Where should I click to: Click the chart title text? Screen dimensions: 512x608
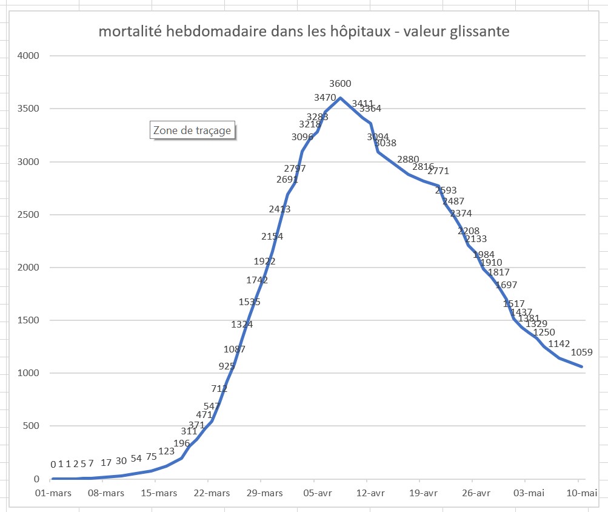click(x=304, y=32)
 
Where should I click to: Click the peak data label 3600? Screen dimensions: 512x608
click(x=340, y=84)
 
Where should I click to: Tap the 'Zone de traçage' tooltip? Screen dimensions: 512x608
click(x=192, y=130)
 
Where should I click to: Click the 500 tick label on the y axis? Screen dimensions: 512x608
click(x=31, y=426)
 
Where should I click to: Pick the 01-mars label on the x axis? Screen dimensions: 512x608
click(x=52, y=493)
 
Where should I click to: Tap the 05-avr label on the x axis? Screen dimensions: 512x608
click(x=315, y=493)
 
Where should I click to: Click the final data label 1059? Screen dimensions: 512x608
click(x=581, y=352)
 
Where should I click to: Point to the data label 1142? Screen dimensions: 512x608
click(x=559, y=344)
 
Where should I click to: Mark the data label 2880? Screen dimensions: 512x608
click(x=409, y=160)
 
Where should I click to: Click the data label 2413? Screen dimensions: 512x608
click(x=279, y=209)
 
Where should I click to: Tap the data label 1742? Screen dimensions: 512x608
click(x=257, y=280)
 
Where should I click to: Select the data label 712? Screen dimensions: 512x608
click(x=219, y=388)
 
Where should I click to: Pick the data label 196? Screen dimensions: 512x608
click(x=182, y=443)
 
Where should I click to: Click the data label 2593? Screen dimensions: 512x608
click(x=446, y=190)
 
